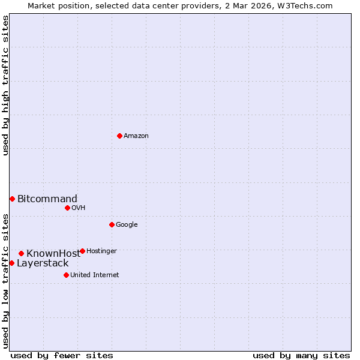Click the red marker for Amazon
[x=119, y=136]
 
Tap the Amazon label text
[x=136, y=136]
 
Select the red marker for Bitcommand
[x=12, y=199]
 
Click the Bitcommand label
[x=47, y=199]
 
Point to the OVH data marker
[x=67, y=208]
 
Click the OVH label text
[x=78, y=208]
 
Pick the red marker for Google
[x=112, y=224]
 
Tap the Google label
[x=127, y=225]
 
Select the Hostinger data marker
[x=82, y=251]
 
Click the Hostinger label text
[x=101, y=251]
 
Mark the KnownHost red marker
[x=21, y=253]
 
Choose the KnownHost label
[x=53, y=254]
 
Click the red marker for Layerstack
[x=11, y=263]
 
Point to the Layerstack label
[x=43, y=263]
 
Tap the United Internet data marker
[x=66, y=275]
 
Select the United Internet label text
[x=94, y=275]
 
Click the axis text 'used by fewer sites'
[x=62, y=356]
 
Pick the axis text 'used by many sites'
[x=301, y=356]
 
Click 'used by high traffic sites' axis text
[x=5, y=85]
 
